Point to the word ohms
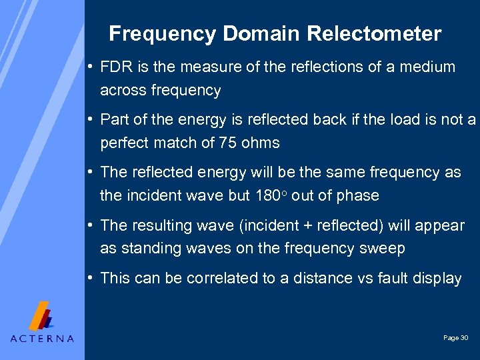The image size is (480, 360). tap(262, 143)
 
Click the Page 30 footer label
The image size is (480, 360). tap(456, 338)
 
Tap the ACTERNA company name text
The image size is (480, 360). tap(43, 338)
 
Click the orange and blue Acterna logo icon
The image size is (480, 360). tap(42, 316)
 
